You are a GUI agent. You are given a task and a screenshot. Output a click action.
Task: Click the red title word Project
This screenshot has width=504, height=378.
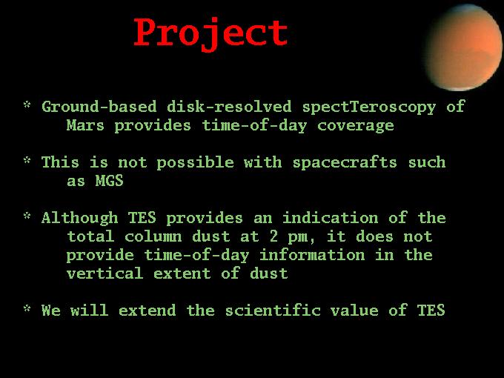pyautogui.click(x=210, y=34)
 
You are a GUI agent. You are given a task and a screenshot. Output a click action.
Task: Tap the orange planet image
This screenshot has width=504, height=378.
pyautogui.click(x=463, y=47)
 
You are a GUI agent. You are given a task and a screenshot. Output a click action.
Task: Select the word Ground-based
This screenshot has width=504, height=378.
pyautogui.click(x=99, y=107)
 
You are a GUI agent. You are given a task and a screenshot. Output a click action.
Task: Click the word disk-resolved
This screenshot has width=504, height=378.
pyautogui.click(x=229, y=107)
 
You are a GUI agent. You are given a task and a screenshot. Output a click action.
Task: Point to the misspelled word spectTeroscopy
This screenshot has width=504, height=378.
pyautogui.click(x=369, y=107)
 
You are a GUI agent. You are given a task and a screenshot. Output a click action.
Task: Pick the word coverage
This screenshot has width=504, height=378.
pyautogui.click(x=356, y=126)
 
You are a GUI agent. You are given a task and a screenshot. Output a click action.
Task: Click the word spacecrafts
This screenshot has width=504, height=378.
pyautogui.click(x=345, y=162)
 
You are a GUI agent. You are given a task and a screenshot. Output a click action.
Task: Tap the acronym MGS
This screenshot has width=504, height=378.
pyautogui.click(x=109, y=181)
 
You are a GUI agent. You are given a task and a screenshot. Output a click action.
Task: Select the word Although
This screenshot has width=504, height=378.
pyautogui.click(x=80, y=218)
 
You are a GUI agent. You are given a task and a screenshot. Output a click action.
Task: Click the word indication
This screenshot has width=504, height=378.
pyautogui.click(x=330, y=218)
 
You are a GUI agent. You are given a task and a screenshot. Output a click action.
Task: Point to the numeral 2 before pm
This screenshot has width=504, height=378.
pyautogui.click(x=273, y=236)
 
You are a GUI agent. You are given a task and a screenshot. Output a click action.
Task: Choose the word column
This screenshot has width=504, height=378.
pyautogui.click(x=153, y=236)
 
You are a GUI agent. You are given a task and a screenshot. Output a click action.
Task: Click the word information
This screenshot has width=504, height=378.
pyautogui.click(x=312, y=255)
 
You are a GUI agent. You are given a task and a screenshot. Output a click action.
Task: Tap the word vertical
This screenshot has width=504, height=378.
pyautogui.click(x=105, y=273)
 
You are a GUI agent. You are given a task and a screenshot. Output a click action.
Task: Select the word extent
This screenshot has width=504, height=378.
pyautogui.click(x=182, y=274)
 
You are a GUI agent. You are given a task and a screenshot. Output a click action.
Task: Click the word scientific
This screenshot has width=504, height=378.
pyautogui.click(x=273, y=311)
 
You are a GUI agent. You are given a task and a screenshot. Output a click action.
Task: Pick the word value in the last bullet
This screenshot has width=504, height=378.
pyautogui.click(x=354, y=311)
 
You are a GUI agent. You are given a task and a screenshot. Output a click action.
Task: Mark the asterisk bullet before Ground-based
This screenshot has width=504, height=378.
pyautogui.click(x=27, y=105)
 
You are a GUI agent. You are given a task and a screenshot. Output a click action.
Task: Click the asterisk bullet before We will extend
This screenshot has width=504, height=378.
pyautogui.click(x=27, y=308)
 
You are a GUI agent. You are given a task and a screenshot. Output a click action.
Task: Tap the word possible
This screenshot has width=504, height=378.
pyautogui.click(x=195, y=163)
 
